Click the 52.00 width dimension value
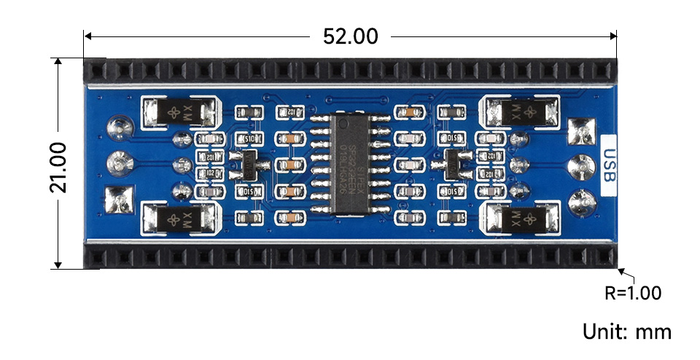351,36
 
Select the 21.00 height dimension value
58,166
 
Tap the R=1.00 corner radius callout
632,293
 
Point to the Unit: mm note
626,332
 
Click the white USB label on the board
610,166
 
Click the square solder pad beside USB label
583,133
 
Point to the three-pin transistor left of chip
249,165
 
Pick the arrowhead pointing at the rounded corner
622,273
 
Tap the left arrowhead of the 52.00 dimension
88,35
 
